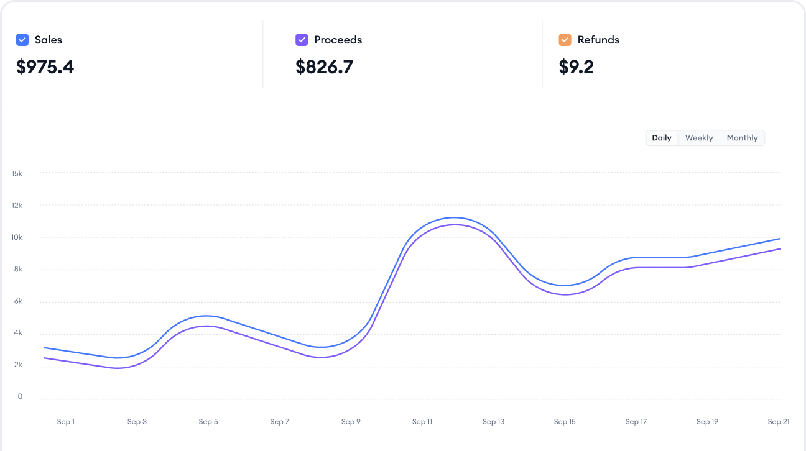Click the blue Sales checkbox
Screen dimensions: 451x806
click(22, 40)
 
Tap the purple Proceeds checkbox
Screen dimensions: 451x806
click(302, 40)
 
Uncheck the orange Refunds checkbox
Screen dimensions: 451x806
click(565, 40)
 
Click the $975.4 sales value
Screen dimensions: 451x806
click(45, 67)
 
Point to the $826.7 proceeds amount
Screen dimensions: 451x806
click(324, 67)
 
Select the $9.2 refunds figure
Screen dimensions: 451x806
click(576, 67)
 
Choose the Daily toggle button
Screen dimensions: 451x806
click(661, 138)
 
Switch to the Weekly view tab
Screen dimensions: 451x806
click(699, 138)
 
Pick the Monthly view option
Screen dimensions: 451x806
click(742, 138)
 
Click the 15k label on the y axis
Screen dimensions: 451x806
click(17, 173)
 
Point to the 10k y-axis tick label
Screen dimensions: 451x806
click(17, 237)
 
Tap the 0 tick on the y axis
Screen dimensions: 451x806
click(20, 396)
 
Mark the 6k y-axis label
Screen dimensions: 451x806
click(17, 301)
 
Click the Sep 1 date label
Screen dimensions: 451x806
click(65, 422)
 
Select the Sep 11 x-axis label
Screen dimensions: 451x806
click(422, 422)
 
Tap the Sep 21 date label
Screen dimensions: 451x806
click(778, 422)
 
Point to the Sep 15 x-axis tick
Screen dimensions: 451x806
click(565, 422)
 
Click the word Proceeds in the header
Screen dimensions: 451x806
click(338, 40)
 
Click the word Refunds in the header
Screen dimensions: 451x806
click(598, 40)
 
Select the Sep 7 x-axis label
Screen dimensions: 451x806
click(280, 422)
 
